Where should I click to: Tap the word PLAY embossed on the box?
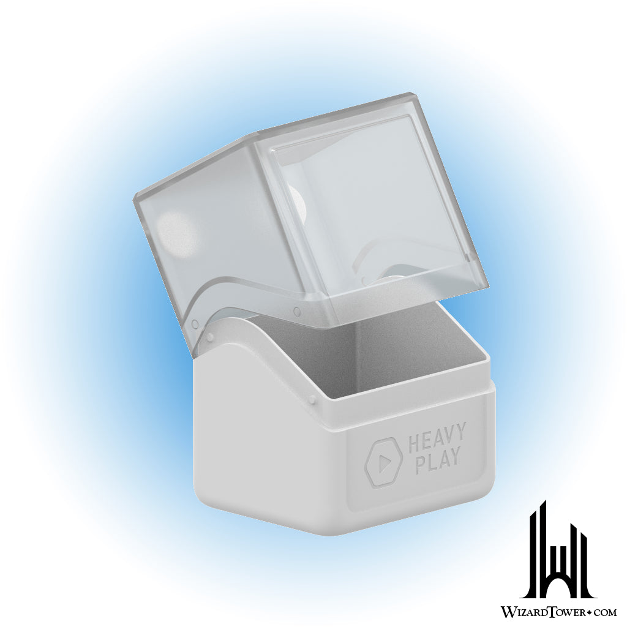438,462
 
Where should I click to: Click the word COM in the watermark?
603,612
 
